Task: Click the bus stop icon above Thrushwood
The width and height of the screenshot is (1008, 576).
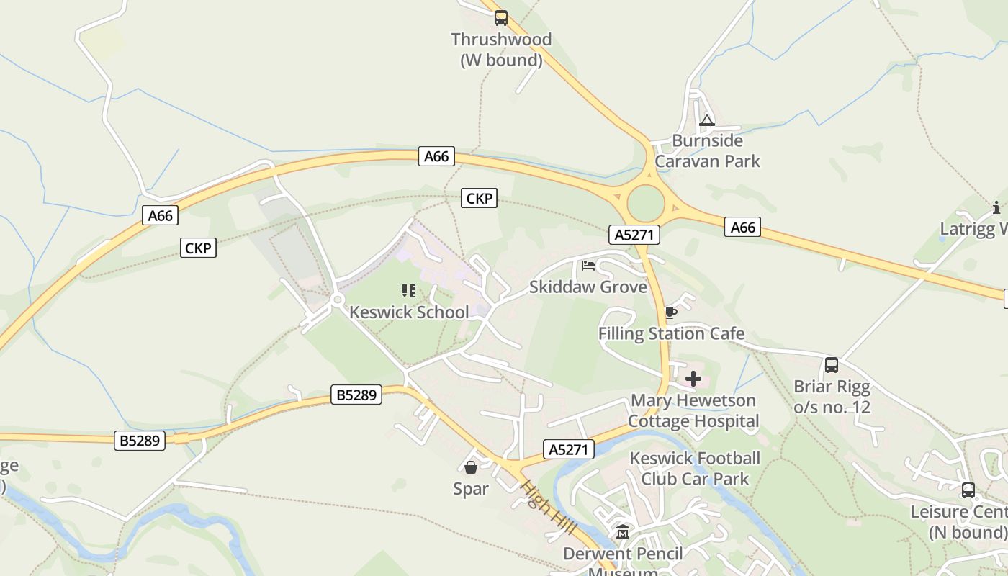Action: (500, 18)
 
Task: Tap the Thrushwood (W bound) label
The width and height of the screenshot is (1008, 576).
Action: (501, 50)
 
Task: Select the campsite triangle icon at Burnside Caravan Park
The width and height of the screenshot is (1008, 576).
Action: (706, 120)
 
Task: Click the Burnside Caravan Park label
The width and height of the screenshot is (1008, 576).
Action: (707, 150)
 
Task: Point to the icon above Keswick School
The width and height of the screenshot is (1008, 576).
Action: (409, 291)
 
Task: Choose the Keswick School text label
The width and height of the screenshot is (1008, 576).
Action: (409, 312)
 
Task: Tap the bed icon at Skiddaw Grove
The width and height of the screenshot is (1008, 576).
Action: (588, 266)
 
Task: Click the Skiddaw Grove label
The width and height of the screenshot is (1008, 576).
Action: (588, 287)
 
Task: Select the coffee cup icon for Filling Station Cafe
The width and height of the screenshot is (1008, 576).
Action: (670, 312)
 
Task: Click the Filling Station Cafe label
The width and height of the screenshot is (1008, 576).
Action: (671, 333)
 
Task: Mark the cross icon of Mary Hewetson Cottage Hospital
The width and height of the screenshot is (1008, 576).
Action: (693, 379)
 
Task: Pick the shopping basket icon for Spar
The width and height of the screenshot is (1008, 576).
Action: (471, 468)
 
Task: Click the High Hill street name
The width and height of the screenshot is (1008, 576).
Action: (549, 508)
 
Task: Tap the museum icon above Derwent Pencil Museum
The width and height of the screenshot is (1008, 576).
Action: (623, 532)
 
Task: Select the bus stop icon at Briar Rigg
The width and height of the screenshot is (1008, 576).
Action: (832, 365)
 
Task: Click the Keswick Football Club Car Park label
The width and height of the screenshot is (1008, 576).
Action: (695, 468)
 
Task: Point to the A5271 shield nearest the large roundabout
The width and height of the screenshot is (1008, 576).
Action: (634, 234)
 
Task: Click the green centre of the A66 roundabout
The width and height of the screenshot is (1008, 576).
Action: (646, 204)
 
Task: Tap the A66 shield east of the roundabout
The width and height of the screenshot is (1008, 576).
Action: (743, 228)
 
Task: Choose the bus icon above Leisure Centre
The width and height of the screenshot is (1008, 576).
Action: (968, 490)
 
